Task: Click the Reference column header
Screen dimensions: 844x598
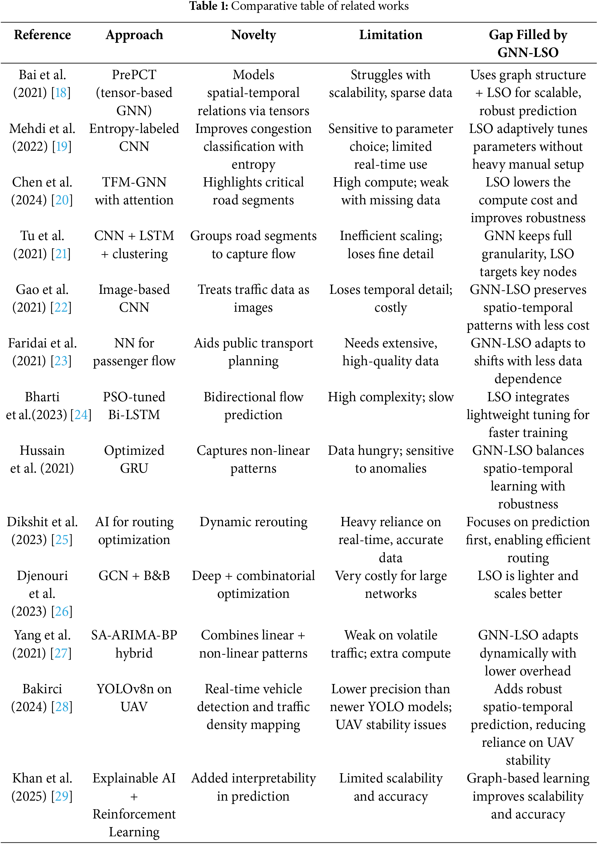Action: (42, 35)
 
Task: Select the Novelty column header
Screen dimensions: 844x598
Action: (253, 35)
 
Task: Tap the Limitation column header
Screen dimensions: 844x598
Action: (390, 35)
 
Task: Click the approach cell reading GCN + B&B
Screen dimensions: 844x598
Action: (134, 576)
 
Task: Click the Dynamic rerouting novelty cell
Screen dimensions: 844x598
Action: (253, 522)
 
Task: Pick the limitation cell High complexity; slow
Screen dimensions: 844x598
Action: (390, 397)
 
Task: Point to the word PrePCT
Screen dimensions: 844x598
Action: (134, 75)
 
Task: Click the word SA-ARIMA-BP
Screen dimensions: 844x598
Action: (134, 635)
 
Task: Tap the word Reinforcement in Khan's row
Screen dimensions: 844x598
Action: (134, 814)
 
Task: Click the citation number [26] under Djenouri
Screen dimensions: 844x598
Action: (62, 611)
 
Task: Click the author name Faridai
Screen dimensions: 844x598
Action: (28, 343)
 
